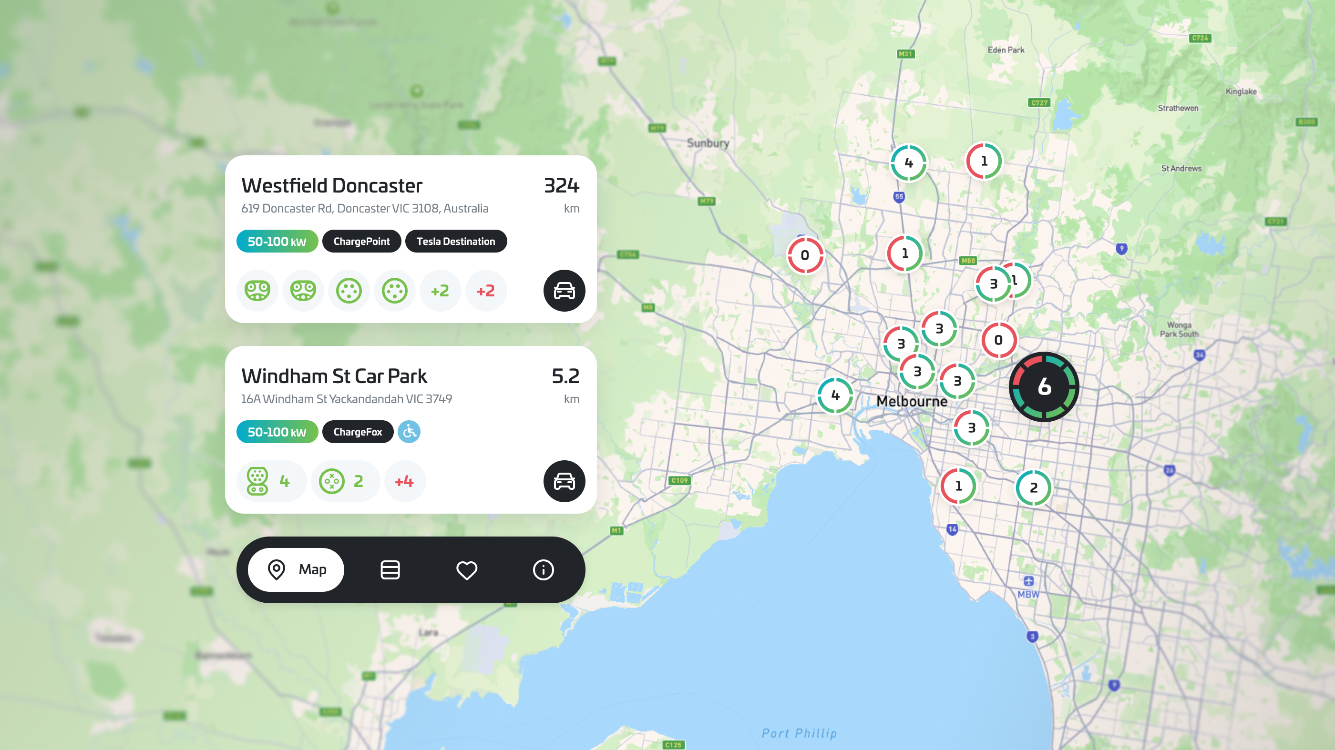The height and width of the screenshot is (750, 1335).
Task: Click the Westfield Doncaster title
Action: (x=332, y=185)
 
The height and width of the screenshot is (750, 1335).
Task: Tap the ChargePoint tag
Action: (x=361, y=242)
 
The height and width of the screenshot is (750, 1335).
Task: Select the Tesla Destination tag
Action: (x=455, y=242)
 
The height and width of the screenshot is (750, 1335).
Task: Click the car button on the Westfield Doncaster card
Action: (x=564, y=291)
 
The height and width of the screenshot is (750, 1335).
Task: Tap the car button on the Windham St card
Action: (x=564, y=481)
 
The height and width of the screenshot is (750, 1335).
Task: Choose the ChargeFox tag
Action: (x=358, y=432)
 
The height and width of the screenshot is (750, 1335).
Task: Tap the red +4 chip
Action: (x=404, y=481)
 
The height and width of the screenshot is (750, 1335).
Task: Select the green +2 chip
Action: (x=440, y=291)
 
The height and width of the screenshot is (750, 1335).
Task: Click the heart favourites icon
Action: (x=466, y=570)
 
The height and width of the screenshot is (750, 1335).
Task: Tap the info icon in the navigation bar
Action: (x=543, y=570)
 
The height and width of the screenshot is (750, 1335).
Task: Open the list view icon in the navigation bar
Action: (x=390, y=570)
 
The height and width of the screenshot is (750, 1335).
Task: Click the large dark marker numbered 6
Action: (x=1044, y=387)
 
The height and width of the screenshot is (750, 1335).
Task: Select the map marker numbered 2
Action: (x=1033, y=487)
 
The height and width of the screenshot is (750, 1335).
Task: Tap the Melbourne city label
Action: (x=912, y=401)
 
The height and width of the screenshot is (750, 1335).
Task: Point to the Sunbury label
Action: (x=708, y=143)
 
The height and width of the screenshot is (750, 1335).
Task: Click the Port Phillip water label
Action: (x=799, y=733)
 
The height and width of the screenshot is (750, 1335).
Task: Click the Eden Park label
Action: (x=1006, y=50)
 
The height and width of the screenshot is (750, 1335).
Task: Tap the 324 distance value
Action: (x=561, y=185)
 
